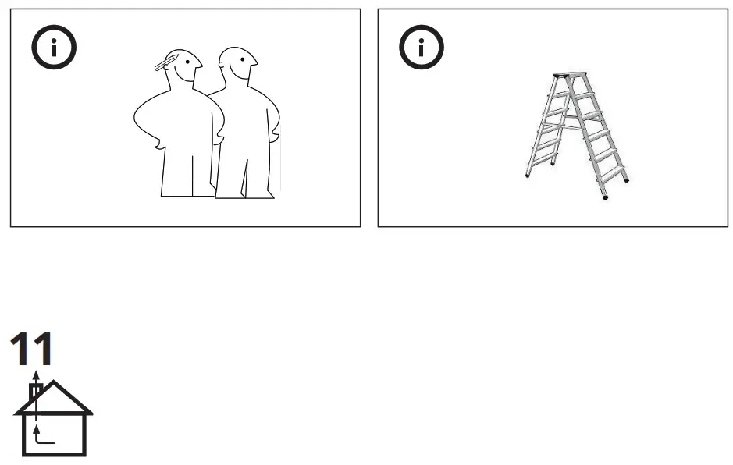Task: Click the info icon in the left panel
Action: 54,49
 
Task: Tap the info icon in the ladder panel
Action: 422,49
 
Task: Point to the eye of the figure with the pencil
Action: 188,62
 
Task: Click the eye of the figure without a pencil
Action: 244,62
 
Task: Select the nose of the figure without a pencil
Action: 257,65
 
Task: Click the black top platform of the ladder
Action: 568,75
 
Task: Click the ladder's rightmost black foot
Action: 626,182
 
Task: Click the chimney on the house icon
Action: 34,392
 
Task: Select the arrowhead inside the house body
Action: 34,422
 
